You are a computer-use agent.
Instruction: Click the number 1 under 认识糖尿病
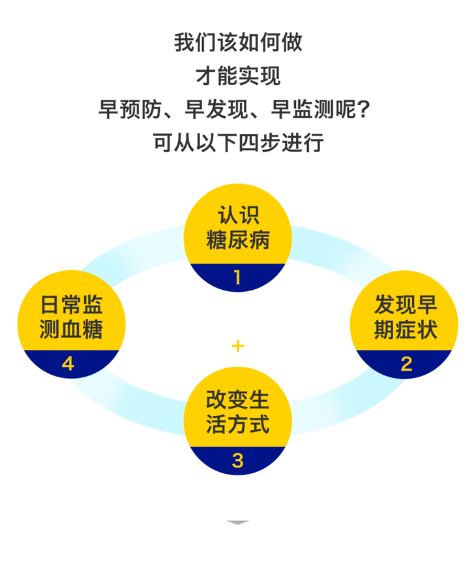click(x=237, y=278)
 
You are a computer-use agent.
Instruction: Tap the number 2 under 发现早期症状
click(x=406, y=363)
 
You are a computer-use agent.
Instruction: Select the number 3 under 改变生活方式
click(x=237, y=460)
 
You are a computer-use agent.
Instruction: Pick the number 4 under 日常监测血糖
click(x=68, y=363)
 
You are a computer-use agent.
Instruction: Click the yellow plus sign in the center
click(x=238, y=345)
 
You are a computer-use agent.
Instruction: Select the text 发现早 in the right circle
click(x=406, y=304)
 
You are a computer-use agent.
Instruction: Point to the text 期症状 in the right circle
click(x=406, y=329)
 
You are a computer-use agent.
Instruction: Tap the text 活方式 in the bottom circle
click(x=237, y=425)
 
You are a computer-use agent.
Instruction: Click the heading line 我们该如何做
click(x=238, y=43)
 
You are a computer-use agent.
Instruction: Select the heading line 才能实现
click(x=238, y=76)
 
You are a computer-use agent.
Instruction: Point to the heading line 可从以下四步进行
click(x=238, y=142)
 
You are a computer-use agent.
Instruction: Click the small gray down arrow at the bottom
click(x=238, y=522)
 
